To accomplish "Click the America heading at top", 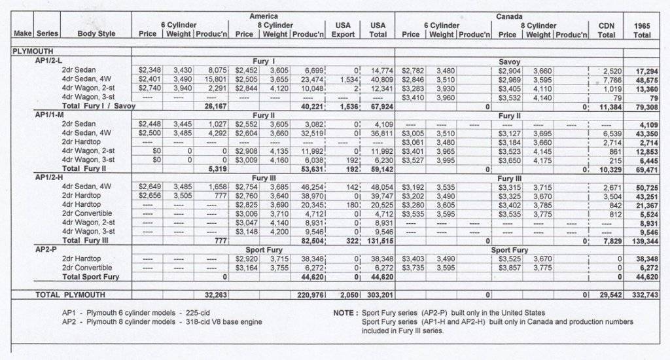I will [x=263, y=15].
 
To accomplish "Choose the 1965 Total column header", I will [x=641, y=29].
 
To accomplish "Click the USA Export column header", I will [x=343, y=29].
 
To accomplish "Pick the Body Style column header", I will [x=96, y=34].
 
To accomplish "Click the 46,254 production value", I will [x=308, y=187].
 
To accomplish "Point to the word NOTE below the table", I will [x=344, y=313].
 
